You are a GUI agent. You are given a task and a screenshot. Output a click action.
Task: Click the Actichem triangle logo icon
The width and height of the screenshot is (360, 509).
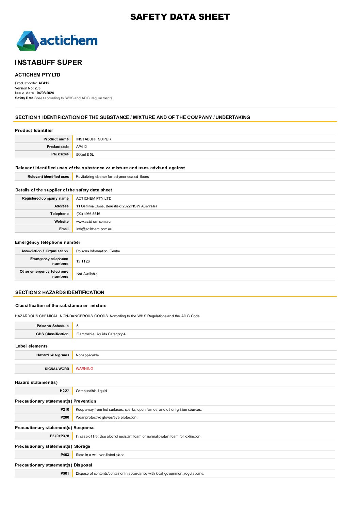[x=28, y=41]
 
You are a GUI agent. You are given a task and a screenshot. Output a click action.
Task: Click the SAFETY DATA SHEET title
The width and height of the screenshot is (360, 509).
[x=180, y=17]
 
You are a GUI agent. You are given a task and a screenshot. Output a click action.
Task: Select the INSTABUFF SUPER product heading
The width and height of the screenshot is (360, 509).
[x=48, y=63]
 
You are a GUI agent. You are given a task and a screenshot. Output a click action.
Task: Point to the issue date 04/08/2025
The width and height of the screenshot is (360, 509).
[x=45, y=93]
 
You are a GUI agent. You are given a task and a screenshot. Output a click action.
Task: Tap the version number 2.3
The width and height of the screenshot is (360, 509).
[x=37, y=88]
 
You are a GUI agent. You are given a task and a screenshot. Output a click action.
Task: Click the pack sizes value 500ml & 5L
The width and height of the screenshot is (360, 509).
[x=85, y=154]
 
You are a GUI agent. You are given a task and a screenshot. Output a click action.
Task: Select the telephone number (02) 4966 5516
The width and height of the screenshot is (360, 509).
[x=88, y=214]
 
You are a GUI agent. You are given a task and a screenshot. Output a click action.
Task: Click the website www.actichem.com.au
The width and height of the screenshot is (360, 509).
[x=93, y=222]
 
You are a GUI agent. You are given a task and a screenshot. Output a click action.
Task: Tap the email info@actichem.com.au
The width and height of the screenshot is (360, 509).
[x=94, y=229]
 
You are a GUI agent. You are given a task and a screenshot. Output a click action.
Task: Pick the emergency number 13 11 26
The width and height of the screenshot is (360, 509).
[x=83, y=261]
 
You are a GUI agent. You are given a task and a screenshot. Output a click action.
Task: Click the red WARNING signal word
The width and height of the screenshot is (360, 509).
[x=84, y=369]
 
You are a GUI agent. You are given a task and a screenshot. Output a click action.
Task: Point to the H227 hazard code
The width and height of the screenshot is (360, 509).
[x=64, y=391]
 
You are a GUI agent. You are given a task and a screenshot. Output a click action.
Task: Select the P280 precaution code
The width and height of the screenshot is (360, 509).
[x=65, y=418]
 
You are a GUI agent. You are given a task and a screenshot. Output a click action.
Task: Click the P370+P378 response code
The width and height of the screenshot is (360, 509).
[x=60, y=436]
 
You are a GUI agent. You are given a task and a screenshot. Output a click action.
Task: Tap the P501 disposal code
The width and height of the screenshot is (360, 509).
[x=65, y=474]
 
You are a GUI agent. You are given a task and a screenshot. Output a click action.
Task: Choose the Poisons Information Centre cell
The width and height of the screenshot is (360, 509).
[x=98, y=251]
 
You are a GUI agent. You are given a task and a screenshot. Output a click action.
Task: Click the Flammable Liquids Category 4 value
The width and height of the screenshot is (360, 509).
[x=101, y=334]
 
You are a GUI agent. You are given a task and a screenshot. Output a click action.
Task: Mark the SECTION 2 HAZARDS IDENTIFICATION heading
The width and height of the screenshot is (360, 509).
[x=60, y=292]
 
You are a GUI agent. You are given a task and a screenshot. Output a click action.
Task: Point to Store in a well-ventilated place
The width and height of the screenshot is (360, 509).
[x=100, y=455]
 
